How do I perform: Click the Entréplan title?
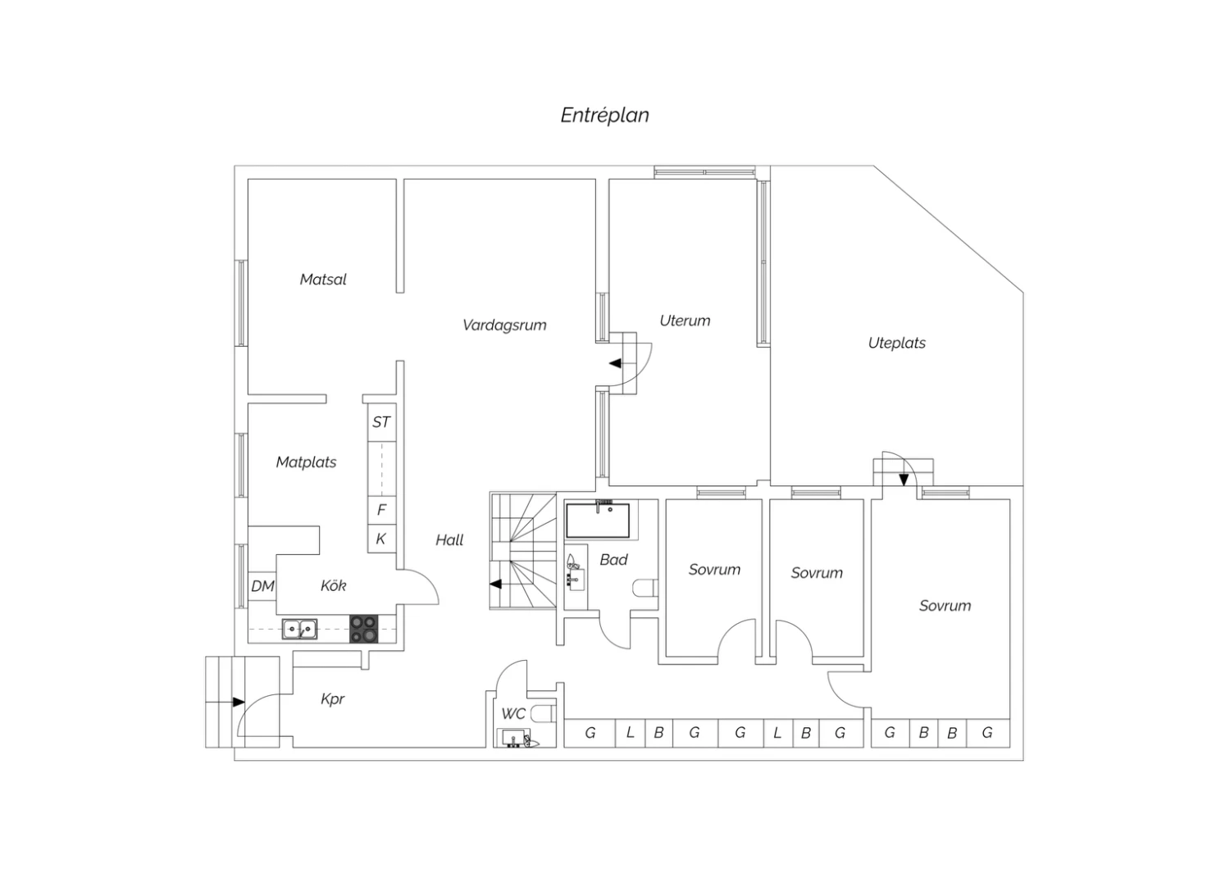coord(604,116)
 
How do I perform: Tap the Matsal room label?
coord(323,280)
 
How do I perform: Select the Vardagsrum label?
coord(504,325)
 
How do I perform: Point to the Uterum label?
coord(685,321)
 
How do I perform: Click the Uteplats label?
coord(897,344)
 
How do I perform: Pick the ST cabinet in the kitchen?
coord(381,422)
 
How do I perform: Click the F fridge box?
coord(381,510)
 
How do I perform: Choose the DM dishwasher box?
coord(262,586)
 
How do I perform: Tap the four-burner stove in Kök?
coord(364,629)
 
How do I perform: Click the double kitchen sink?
coord(299,629)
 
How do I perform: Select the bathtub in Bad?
coord(598,520)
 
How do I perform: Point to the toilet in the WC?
coord(544,713)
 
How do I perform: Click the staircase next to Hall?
coord(523,551)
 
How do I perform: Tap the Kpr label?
coord(332,699)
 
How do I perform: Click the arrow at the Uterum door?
coord(616,363)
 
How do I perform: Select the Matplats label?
coord(306,462)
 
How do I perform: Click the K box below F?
coord(381,539)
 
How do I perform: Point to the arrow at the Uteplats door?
coord(904,480)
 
